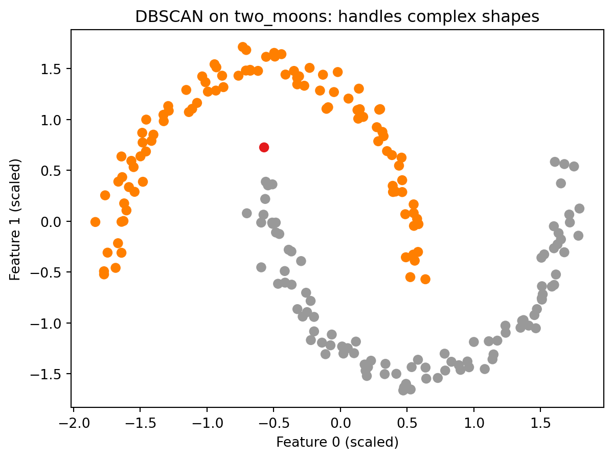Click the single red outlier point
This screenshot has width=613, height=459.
coord(264,147)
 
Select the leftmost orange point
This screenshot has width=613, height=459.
coord(95,222)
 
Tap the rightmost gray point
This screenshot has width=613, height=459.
coord(579,209)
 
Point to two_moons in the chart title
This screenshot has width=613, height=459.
coord(251,17)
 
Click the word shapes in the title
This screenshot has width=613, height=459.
coord(515,17)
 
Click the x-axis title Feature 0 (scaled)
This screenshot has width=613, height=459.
coord(337,442)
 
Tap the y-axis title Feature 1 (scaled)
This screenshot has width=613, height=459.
coord(15,219)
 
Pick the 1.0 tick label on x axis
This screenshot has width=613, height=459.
coord(473,421)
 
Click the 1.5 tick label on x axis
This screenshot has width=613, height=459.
coord(540,421)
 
